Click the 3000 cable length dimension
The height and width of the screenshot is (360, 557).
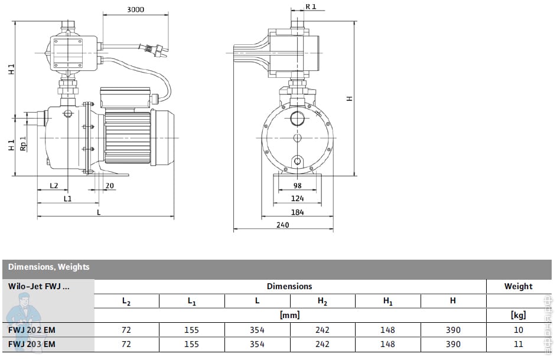click(135, 10)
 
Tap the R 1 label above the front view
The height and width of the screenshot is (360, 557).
click(311, 7)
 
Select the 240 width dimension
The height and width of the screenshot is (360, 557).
click(284, 225)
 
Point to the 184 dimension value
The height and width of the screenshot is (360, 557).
click(297, 212)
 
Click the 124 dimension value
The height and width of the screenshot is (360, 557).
click(297, 199)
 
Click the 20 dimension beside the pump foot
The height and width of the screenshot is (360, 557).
click(109, 185)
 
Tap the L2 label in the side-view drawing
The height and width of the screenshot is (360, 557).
click(54, 185)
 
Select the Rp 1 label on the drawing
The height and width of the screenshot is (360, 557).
click(23, 145)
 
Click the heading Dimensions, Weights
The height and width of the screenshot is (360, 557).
click(49, 267)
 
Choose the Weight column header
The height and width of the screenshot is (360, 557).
click(518, 286)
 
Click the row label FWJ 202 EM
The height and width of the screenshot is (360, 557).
click(32, 330)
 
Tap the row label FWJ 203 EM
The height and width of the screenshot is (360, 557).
click(32, 344)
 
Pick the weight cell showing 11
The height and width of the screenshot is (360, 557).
click(518, 344)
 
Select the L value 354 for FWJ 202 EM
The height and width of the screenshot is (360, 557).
click(257, 330)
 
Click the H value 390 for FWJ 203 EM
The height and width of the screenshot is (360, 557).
click(452, 344)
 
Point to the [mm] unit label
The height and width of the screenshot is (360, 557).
click(289, 315)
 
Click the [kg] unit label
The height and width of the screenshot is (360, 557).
click(518, 315)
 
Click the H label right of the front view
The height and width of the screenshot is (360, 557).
click(349, 99)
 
